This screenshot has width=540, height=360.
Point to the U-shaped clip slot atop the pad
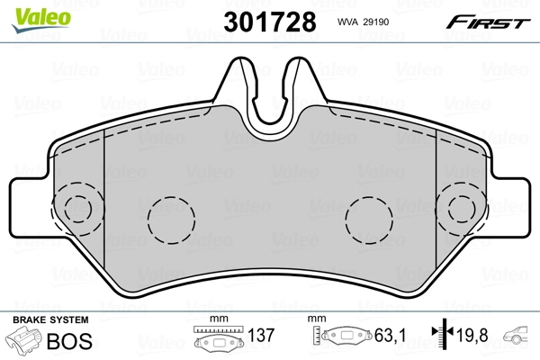tap(271, 94)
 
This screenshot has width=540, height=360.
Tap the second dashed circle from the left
tap(170, 220)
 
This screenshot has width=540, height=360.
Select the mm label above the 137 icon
tap(216, 319)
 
